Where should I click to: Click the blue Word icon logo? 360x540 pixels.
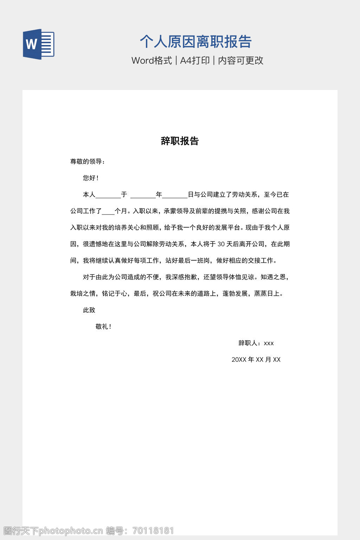tap(39, 44)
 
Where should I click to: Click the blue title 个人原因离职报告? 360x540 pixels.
tap(195, 41)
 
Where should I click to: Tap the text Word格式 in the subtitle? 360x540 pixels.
tap(152, 60)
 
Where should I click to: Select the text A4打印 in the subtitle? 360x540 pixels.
tap(195, 60)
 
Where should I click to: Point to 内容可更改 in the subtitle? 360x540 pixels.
tap(240, 60)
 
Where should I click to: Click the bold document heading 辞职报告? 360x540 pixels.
tap(180, 141)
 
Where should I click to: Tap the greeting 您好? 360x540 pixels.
tap(91, 178)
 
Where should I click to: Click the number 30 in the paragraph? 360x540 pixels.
tap(221, 244)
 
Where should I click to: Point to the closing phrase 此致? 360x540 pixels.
tap(89, 310)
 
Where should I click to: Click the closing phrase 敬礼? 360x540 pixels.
tap(103, 327)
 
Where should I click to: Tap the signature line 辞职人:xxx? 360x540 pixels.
tap(256, 343)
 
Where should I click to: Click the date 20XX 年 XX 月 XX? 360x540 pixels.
tap(256, 360)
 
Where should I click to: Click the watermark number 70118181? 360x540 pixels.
tap(153, 531)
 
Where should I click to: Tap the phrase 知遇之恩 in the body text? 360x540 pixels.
tap(273, 277)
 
